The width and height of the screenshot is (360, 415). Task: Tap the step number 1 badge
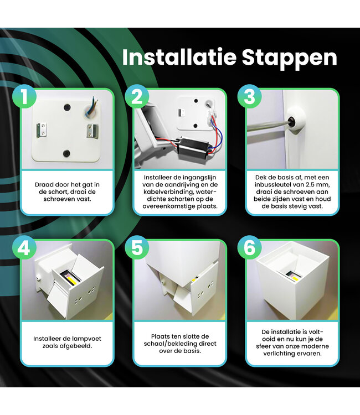[23, 97]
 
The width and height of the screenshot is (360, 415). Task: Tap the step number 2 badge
[136, 97]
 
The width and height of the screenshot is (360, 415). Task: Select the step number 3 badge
[249, 97]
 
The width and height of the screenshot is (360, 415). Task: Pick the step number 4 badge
[23, 248]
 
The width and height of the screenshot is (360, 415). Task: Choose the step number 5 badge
[136, 248]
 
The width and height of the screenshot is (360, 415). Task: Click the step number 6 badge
[249, 248]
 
